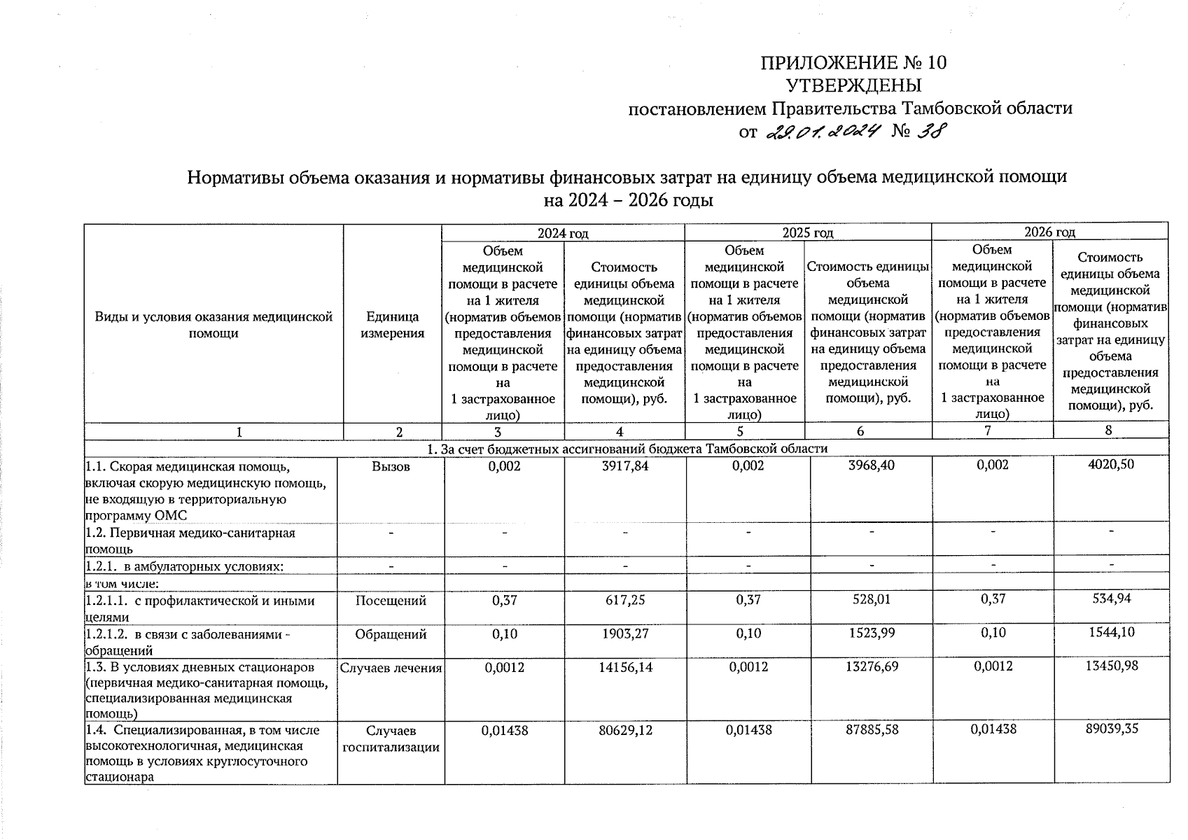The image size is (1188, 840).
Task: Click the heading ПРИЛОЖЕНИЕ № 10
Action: click(853, 63)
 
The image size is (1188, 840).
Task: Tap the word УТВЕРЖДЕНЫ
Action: click(853, 86)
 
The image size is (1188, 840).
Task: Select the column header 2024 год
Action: click(562, 232)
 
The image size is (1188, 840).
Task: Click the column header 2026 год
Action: click(1049, 232)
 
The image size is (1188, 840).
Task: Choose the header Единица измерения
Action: click(392, 325)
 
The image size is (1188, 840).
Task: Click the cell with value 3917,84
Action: click(625, 465)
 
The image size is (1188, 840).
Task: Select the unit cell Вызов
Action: click(391, 466)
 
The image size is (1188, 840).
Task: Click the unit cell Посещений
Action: click(391, 601)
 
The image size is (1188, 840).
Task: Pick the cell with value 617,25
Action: click(625, 600)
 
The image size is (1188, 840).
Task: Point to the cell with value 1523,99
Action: click(870, 633)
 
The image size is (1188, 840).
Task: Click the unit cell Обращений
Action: click(391, 634)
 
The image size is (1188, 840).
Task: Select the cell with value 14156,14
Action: click(625, 667)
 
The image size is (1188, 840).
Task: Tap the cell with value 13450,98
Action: click(1111, 666)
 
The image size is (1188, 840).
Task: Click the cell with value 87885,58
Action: click(870, 729)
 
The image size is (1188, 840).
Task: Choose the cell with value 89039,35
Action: click(1111, 728)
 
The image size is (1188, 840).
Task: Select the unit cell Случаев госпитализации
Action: click(391, 738)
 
